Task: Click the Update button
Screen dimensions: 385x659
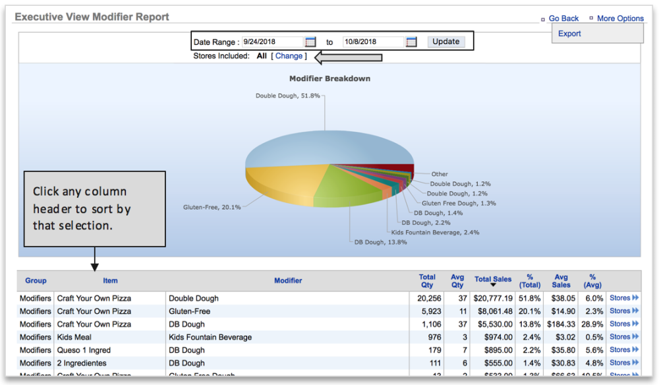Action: click(x=446, y=42)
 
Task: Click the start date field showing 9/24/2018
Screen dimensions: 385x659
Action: click(x=272, y=42)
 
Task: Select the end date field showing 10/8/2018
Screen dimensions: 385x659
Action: click(x=372, y=42)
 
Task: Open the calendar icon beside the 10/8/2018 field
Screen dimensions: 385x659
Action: click(x=411, y=42)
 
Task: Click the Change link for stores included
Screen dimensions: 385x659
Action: click(x=289, y=56)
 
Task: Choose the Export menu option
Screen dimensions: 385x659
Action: click(x=569, y=34)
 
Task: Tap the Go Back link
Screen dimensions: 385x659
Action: click(x=563, y=18)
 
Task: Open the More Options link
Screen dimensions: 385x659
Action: click(x=620, y=18)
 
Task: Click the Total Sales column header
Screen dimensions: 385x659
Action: click(x=493, y=280)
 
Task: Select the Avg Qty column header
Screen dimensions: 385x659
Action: click(x=457, y=281)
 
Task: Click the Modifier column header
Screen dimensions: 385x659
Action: click(x=288, y=281)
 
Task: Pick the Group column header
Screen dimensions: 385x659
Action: click(x=36, y=281)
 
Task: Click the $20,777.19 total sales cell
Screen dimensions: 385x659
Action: click(x=492, y=298)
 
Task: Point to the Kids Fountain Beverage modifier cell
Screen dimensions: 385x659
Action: click(x=210, y=337)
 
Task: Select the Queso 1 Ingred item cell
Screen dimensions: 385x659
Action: click(x=84, y=350)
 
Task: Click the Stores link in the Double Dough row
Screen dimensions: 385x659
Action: click(x=623, y=298)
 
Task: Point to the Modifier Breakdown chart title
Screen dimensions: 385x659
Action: click(x=329, y=78)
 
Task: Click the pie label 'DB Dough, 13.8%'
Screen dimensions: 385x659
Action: click(x=380, y=242)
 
